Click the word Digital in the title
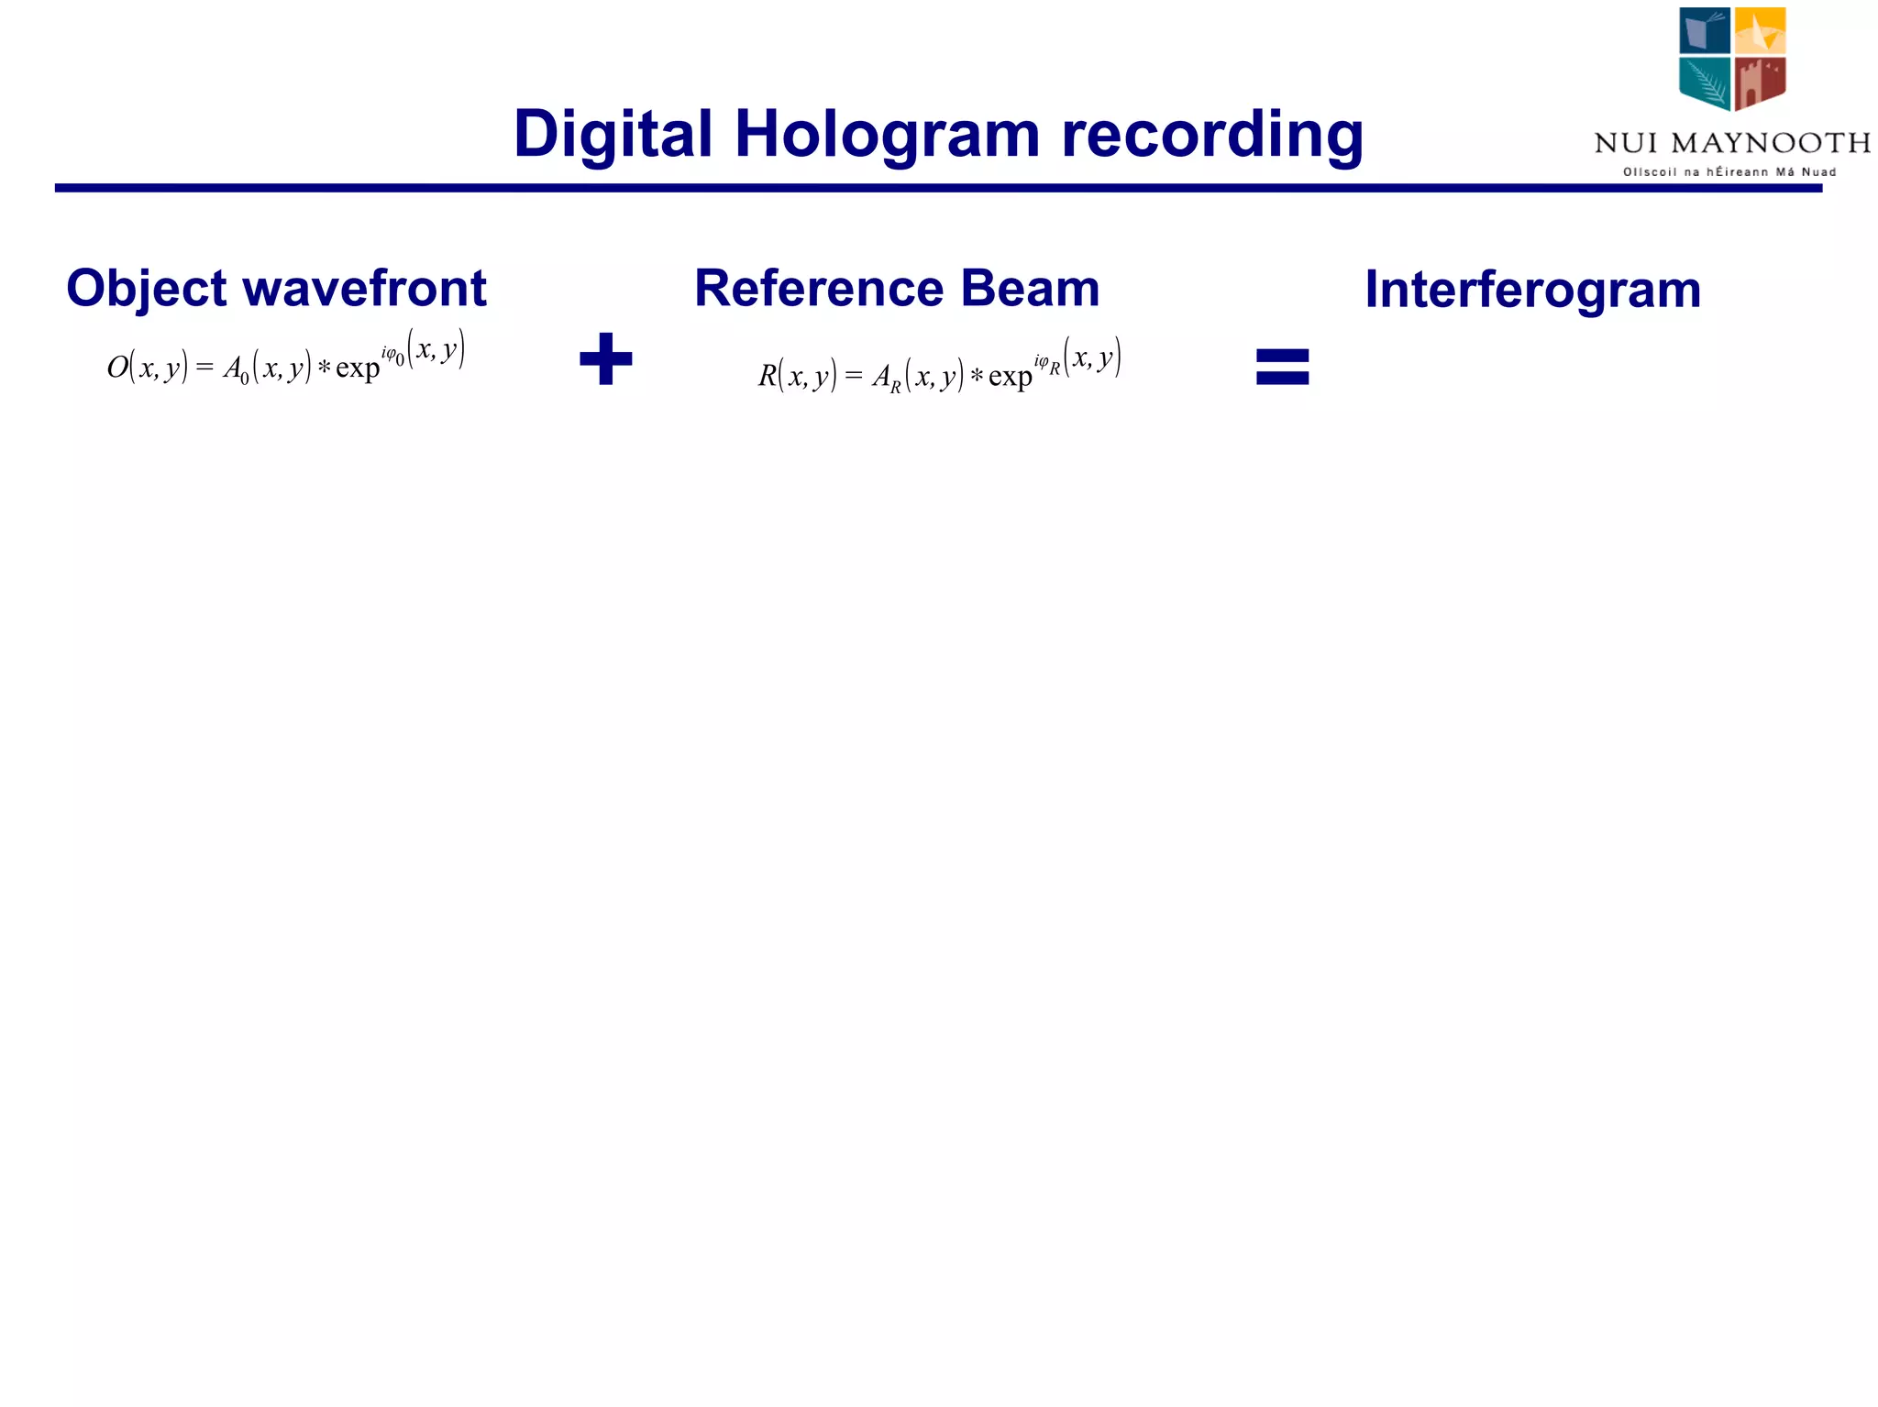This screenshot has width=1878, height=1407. coord(613,134)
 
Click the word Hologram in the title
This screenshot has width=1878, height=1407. coord(887,134)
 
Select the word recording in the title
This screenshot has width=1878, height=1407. coord(1212,134)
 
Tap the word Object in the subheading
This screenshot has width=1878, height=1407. coord(146,289)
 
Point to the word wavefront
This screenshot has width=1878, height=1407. coord(365,289)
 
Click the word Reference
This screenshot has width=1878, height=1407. coord(819,289)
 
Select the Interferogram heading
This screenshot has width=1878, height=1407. coord(1532,290)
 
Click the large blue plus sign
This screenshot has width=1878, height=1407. coord(606,358)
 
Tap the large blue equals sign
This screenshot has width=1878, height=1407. coord(1282,366)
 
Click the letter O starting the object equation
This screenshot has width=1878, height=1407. coord(117,368)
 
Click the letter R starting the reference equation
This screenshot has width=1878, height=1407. coord(767,376)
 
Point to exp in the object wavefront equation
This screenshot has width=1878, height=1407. coord(358,368)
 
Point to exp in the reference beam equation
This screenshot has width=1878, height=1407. coord(1010,377)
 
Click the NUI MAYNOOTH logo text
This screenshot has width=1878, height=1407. coord(1731,143)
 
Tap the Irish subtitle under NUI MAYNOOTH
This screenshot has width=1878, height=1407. coord(1729,172)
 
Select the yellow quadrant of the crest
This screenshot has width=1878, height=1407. coord(1760,31)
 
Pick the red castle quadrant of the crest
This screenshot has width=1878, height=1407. coord(1760,82)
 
